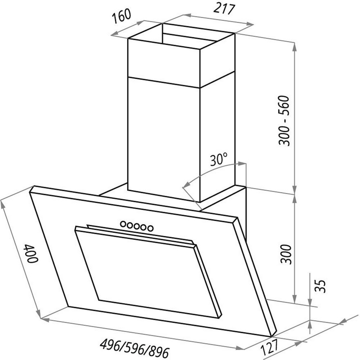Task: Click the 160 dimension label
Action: click(x=121, y=16)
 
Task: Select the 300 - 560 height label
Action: click(x=284, y=121)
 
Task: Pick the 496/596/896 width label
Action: click(x=135, y=347)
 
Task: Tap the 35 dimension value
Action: click(x=320, y=286)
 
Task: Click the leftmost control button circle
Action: click(x=123, y=224)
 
